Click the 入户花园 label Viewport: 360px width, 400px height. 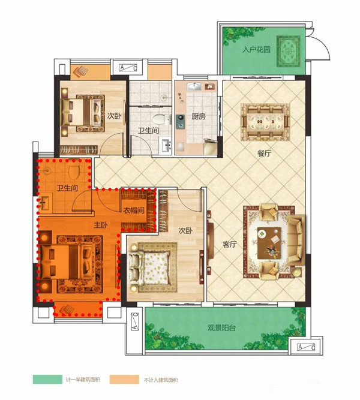256,49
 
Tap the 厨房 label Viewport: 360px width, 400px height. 199,116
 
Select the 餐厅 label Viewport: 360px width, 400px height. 264,154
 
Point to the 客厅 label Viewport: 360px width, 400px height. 230,244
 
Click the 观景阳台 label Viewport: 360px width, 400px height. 221,328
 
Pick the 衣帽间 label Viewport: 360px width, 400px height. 134,210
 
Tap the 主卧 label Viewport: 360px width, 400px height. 101,225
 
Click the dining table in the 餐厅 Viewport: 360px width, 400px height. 265,122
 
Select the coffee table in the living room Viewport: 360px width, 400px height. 269,242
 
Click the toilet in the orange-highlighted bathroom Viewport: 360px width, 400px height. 74,171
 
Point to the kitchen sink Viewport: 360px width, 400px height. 194,86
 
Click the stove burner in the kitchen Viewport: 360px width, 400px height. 181,121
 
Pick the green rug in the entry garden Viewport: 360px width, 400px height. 289,52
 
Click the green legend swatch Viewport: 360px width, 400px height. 47,380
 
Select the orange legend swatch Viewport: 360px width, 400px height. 125,380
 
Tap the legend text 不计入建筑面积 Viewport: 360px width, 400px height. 161,380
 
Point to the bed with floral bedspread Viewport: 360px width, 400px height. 149,267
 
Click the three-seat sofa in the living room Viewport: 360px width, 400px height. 296,240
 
